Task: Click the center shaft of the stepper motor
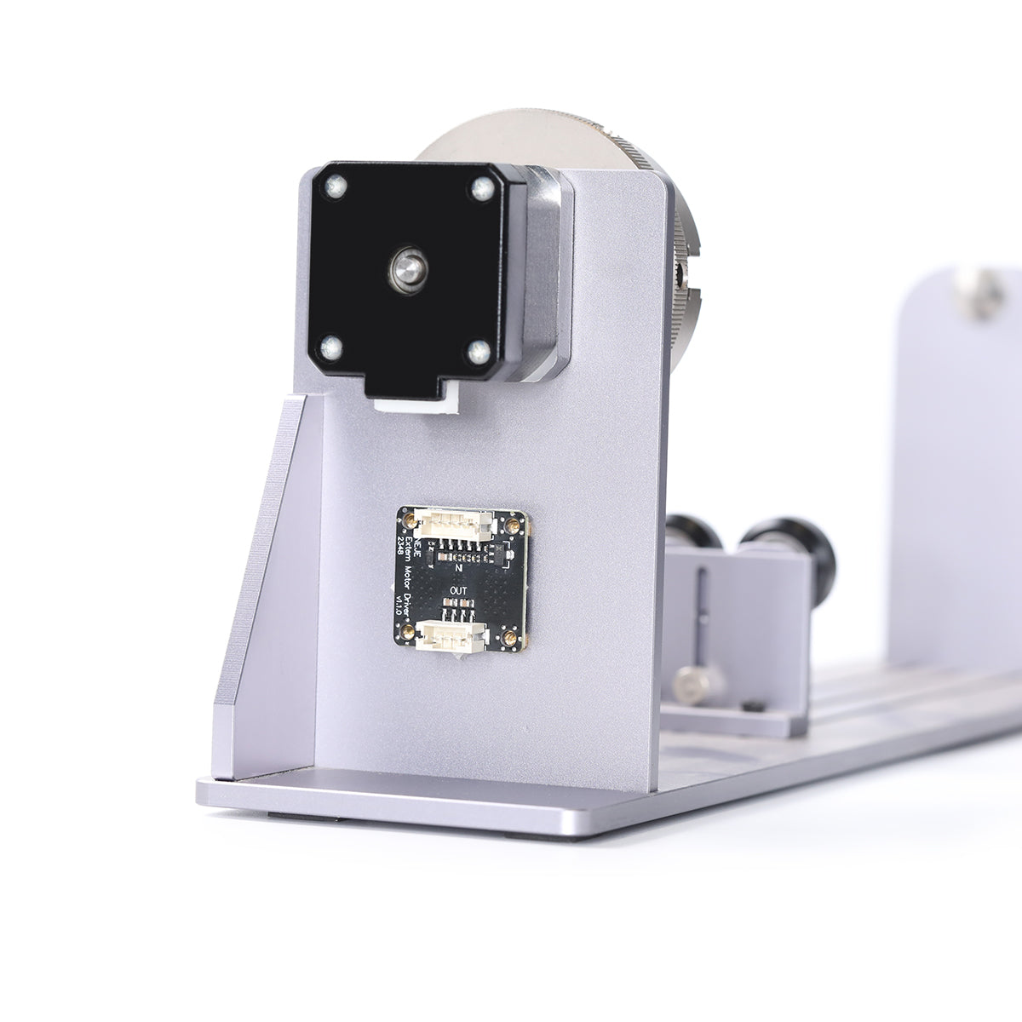[x=407, y=271]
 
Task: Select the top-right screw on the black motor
[x=482, y=189]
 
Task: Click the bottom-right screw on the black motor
[x=479, y=350]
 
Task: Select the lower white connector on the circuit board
[x=455, y=634]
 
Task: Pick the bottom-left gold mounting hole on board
[x=410, y=630]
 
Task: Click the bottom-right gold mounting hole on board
[x=509, y=637]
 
